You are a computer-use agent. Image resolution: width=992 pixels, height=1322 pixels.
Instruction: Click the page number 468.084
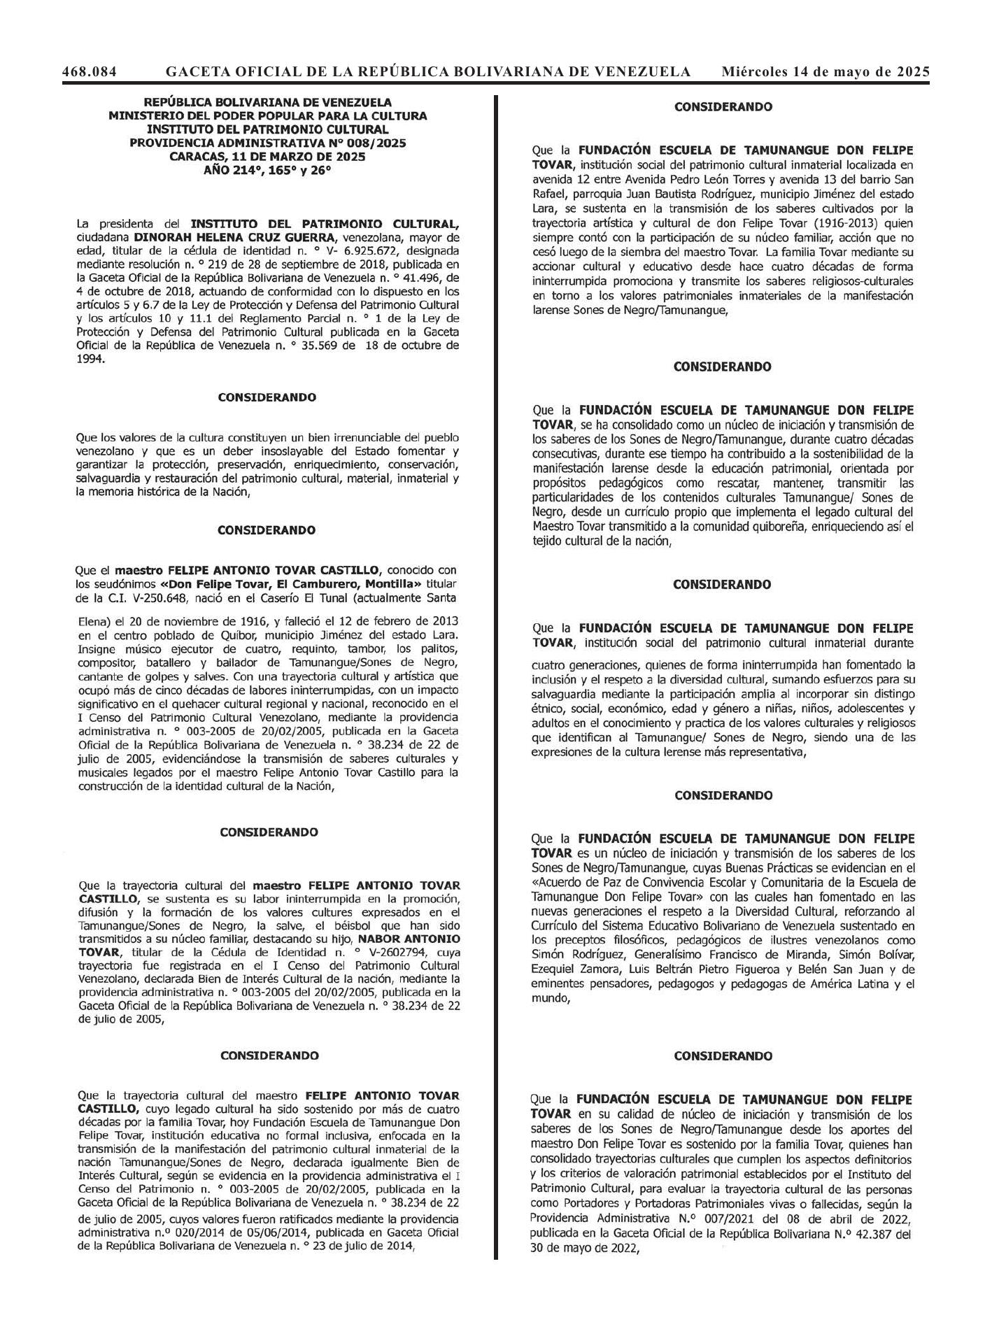click(x=89, y=71)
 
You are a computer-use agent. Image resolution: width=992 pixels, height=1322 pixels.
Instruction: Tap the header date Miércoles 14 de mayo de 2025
click(x=826, y=71)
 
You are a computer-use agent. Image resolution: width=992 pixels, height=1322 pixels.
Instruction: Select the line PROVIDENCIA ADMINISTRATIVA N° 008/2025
click(x=267, y=143)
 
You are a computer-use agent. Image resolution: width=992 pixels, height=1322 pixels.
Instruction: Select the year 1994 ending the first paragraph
click(x=90, y=360)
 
